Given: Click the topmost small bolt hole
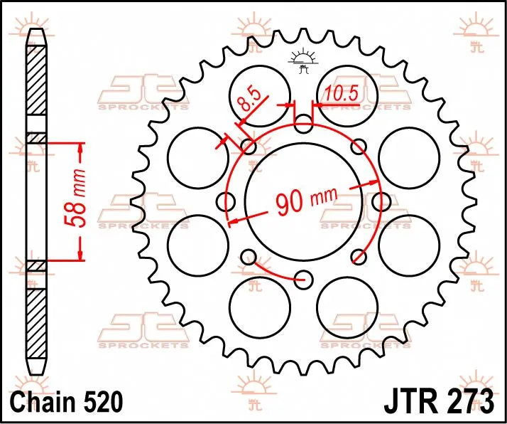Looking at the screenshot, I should (303, 127).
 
